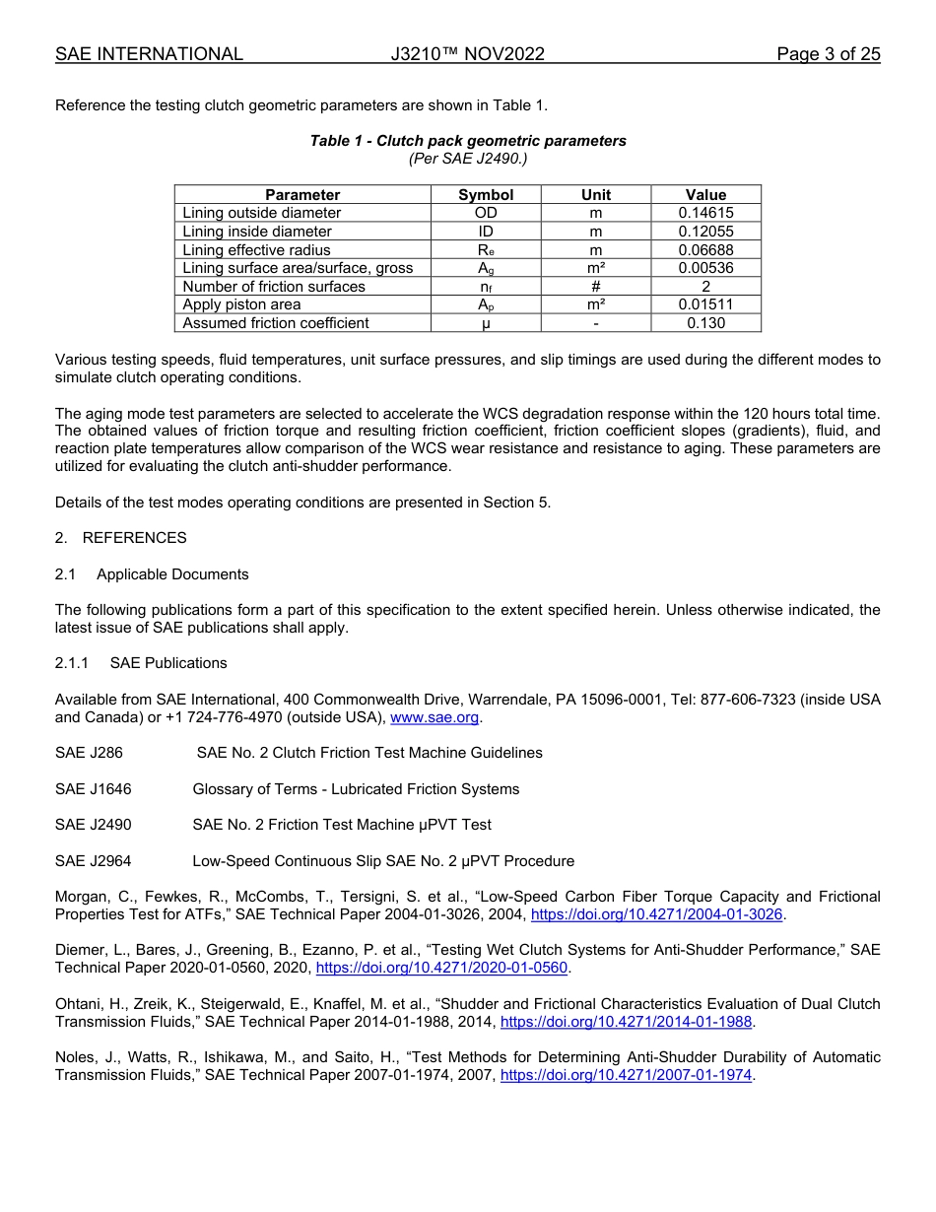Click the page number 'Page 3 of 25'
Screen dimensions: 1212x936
[x=828, y=54]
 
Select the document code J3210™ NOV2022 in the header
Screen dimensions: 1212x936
[x=467, y=54]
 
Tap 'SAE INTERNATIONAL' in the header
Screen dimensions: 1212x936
[x=149, y=54]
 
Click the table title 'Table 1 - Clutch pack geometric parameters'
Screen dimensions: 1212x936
[x=468, y=141]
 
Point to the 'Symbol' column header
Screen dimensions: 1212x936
[x=486, y=195]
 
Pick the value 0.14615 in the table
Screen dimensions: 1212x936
[x=705, y=213]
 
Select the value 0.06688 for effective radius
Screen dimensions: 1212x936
[x=705, y=250]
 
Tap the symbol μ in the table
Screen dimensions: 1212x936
[x=486, y=323]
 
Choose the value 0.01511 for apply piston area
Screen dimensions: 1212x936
[x=705, y=305]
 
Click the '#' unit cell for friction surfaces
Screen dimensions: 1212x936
[x=595, y=287]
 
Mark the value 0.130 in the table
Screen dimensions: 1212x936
[x=705, y=323]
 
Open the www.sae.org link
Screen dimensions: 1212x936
[x=435, y=718]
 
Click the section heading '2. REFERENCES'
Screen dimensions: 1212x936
[x=121, y=538]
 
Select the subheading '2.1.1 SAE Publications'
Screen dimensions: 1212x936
[x=141, y=663]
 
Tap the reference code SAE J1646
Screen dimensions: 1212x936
[x=94, y=789]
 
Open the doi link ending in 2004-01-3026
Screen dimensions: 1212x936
[x=656, y=915]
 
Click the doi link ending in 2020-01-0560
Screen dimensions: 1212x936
[x=441, y=969]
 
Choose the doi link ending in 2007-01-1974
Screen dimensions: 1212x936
[x=626, y=1076]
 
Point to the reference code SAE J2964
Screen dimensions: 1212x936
[x=94, y=861]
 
